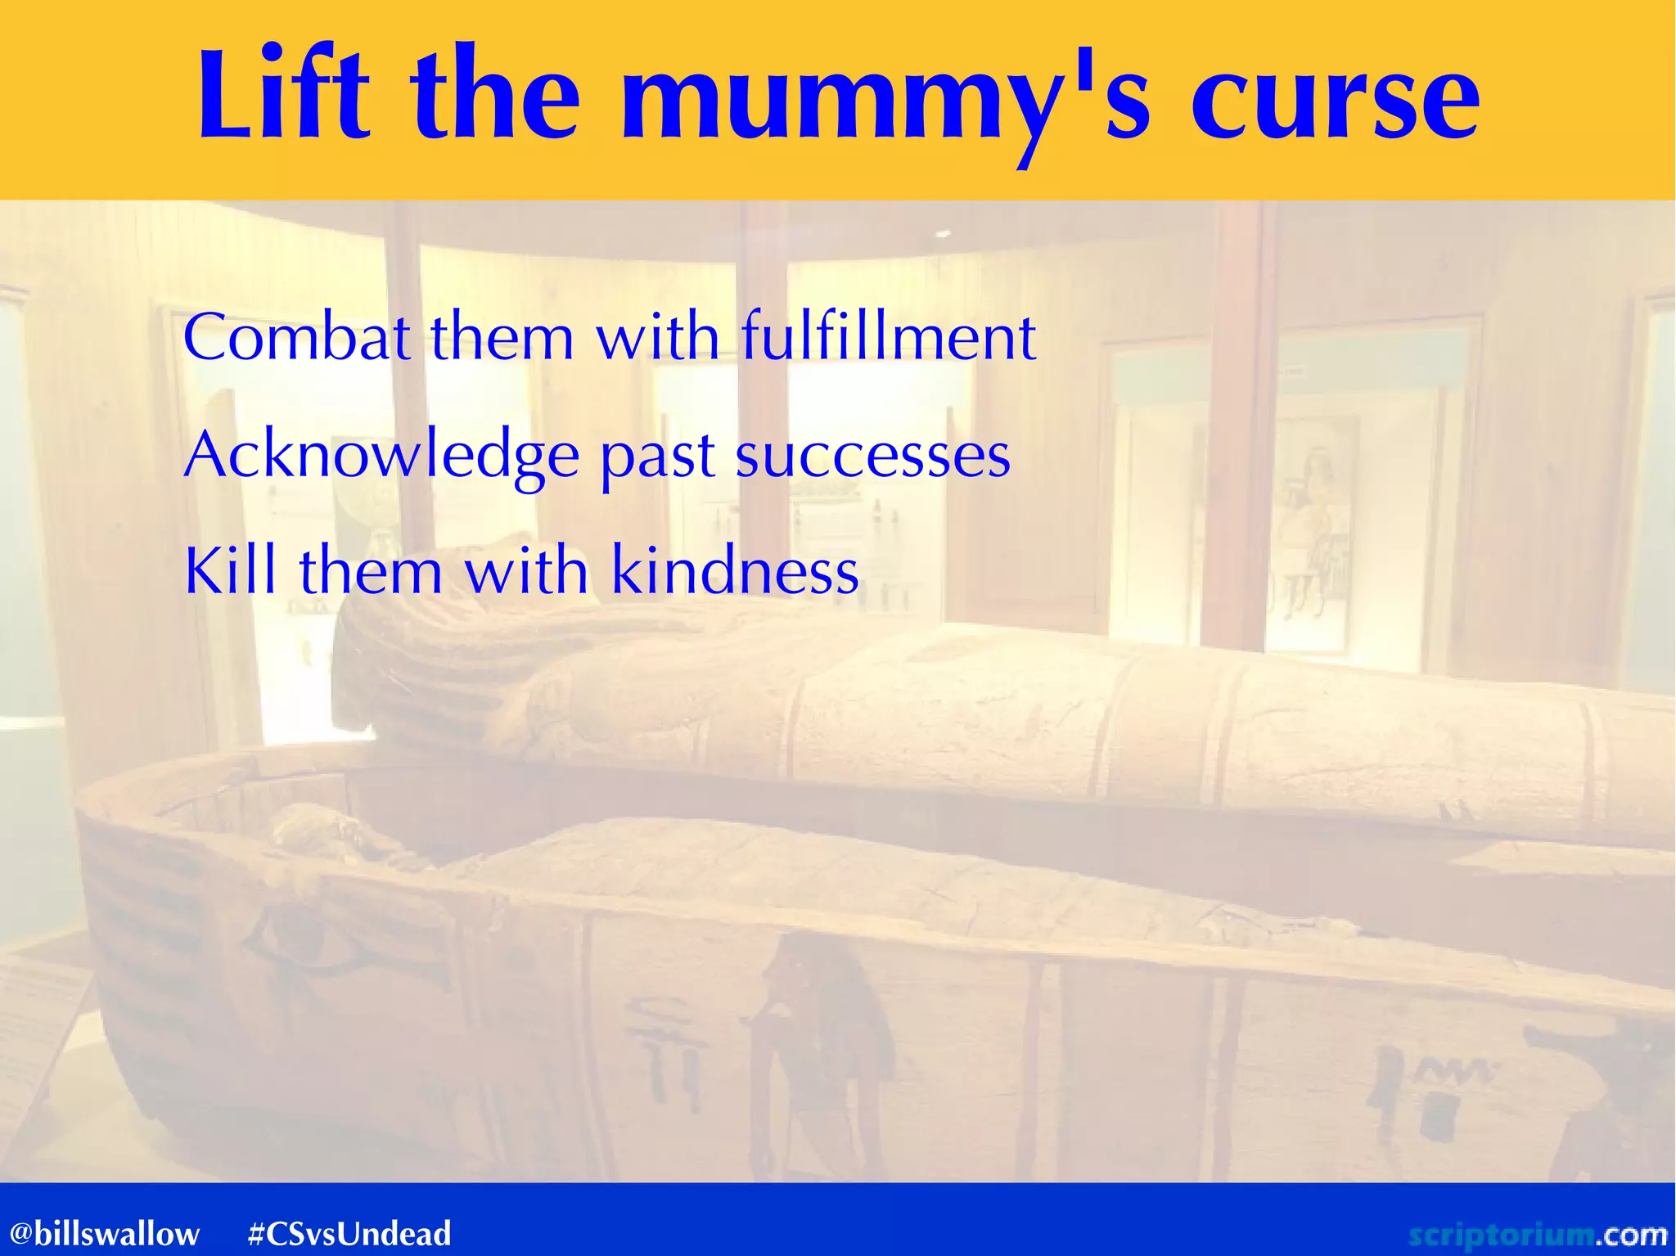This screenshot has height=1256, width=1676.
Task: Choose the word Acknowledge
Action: coord(381,457)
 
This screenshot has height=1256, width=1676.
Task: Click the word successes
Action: coord(872,457)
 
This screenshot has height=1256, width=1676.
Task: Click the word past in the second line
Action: coord(658,458)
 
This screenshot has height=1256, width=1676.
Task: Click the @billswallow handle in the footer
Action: coord(105,1233)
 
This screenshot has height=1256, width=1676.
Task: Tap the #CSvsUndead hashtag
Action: coord(349,1233)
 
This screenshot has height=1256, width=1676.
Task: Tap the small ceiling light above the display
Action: coord(942,235)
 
